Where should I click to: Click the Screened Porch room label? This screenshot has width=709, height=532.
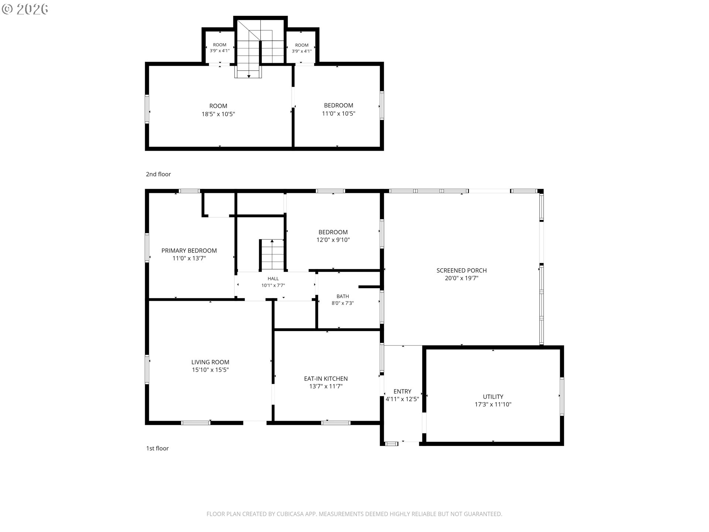[x=462, y=270]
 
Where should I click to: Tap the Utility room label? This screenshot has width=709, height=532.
[x=493, y=397]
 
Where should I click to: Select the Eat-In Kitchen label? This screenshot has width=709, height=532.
[x=326, y=379]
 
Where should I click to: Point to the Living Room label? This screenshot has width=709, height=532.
[x=210, y=362]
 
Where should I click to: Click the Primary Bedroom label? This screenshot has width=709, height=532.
[x=189, y=250]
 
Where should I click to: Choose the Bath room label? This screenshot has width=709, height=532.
[x=343, y=296]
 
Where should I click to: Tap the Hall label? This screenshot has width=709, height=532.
[x=273, y=279]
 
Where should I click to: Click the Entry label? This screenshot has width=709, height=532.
[x=403, y=391]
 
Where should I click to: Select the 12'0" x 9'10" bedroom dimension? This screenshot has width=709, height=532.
[x=333, y=240]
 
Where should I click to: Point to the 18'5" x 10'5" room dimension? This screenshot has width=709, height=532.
[x=218, y=114]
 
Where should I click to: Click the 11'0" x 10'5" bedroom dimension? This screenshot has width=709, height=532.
[x=339, y=113]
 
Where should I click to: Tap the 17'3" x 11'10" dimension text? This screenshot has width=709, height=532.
[x=493, y=405]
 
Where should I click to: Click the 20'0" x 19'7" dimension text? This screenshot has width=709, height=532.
[x=462, y=278]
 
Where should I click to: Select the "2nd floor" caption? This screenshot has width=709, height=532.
[x=158, y=174]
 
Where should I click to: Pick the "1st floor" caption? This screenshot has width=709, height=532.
[x=157, y=448]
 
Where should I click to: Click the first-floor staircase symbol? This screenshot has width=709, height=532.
[x=272, y=255]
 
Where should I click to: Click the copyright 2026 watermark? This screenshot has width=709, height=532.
[x=25, y=9]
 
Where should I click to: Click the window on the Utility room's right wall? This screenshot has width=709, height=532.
[x=562, y=396]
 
